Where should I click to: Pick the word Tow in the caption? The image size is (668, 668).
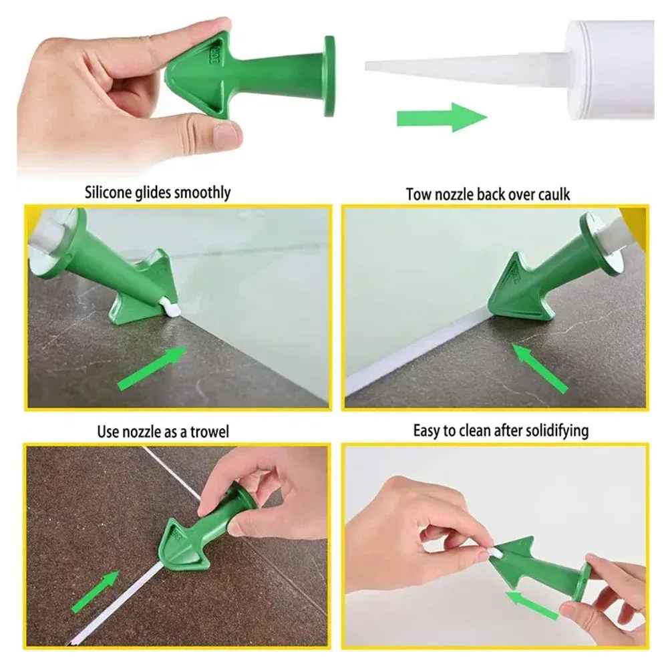pos(418,194)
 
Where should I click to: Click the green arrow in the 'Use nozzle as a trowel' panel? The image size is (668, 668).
pos(96,592)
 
